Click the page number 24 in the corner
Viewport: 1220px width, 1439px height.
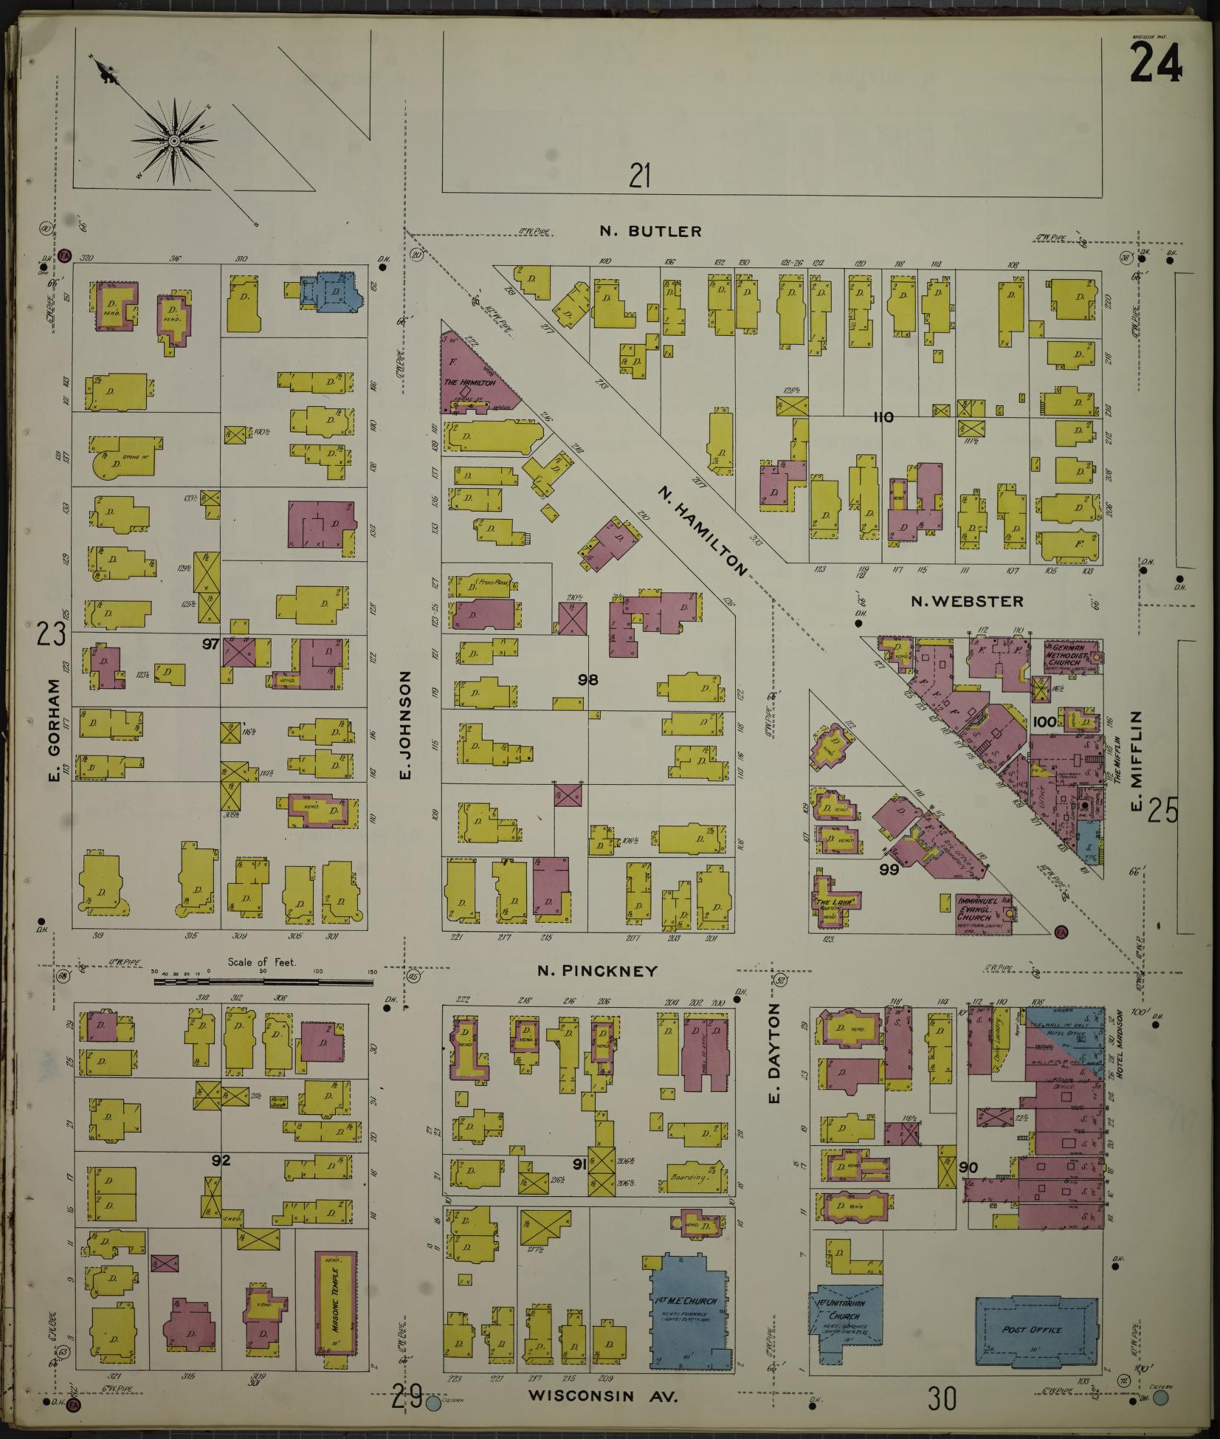[1155, 63]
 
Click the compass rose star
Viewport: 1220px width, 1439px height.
[173, 140]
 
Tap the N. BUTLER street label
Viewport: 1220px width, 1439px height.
[650, 232]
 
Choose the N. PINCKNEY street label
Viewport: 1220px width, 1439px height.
[597, 971]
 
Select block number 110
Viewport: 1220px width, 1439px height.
[883, 417]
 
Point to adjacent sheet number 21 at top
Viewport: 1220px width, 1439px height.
[639, 176]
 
